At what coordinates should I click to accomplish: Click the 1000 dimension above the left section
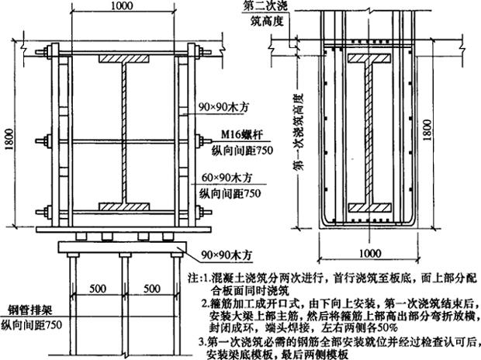[119, 5]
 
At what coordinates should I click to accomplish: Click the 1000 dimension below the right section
[365, 252]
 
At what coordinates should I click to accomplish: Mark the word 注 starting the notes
[192, 275]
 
